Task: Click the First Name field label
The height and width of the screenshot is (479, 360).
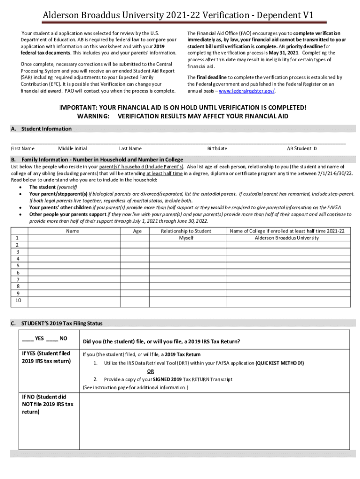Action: pos(22,149)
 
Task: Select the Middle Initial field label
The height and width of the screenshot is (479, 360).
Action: pos(72,149)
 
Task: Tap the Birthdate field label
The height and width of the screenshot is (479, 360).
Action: pos(217,149)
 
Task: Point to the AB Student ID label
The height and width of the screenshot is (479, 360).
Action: pos(302,149)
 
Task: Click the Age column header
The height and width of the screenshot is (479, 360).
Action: pos(137,231)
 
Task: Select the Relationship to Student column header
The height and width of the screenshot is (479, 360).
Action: pos(186,231)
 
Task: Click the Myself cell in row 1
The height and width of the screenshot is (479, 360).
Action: pos(186,238)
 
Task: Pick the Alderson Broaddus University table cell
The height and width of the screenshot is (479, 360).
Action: pos(287,238)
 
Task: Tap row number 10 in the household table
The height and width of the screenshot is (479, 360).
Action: pos(18,300)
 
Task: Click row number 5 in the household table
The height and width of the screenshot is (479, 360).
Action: pos(18,265)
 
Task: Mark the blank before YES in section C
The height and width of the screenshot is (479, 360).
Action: pos(28,338)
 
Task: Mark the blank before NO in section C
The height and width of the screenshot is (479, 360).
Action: pos(52,338)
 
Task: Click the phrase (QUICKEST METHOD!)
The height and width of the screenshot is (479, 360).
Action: pos(280,363)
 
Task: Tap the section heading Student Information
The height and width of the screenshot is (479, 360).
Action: pos(46,129)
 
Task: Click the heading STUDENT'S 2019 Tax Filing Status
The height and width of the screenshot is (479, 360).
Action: pos(62,323)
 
